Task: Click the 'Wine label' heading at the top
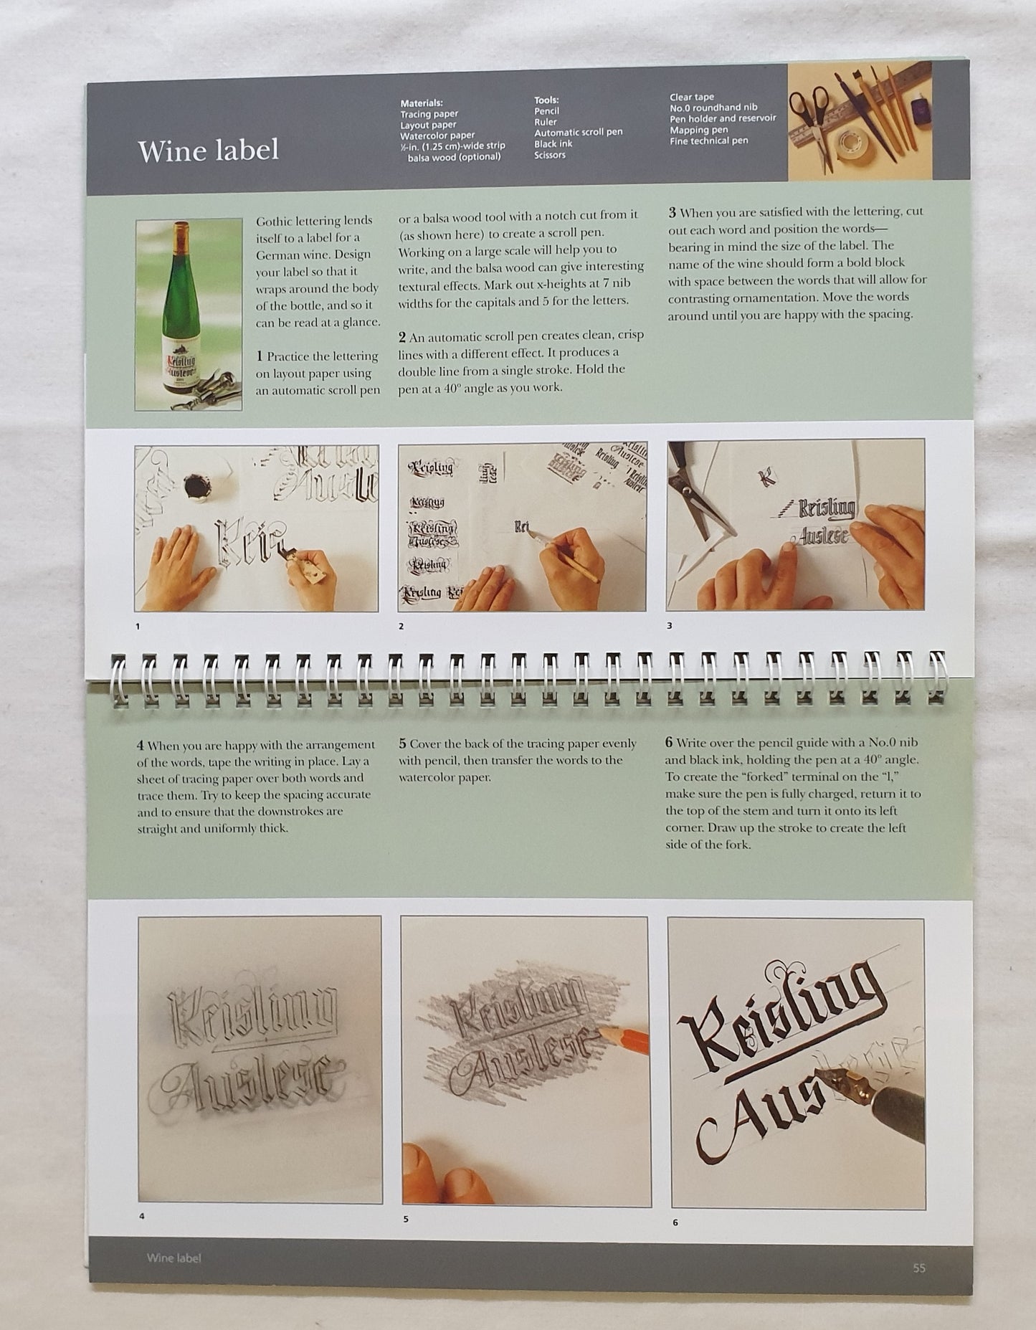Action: tap(208, 151)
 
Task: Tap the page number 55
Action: tap(919, 1268)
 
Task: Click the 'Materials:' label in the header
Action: tap(422, 103)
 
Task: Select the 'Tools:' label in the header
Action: tap(546, 100)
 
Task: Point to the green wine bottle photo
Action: tap(188, 314)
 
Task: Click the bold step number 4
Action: tap(140, 744)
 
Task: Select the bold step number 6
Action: tap(670, 743)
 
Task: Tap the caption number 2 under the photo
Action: tap(401, 626)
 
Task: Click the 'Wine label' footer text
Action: tap(174, 1258)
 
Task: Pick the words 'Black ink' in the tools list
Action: tap(553, 144)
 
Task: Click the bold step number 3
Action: tap(673, 212)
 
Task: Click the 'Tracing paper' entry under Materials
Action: tap(429, 113)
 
